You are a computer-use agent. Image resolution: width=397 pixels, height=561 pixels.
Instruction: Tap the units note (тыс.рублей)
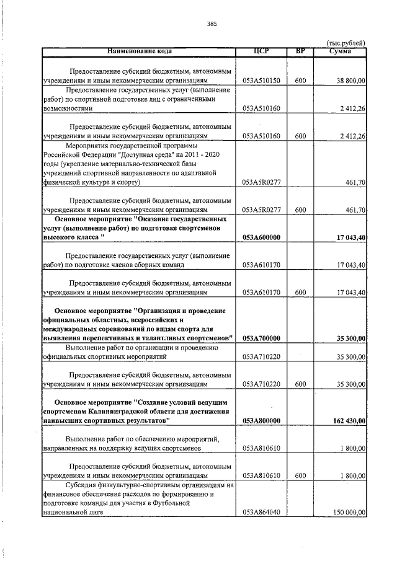pos(346,42)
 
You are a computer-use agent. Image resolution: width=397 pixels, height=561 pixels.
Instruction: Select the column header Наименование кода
pos(138,50)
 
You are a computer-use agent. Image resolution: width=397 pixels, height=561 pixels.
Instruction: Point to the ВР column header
pos(300,50)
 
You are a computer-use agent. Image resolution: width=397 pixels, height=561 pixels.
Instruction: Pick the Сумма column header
pos(341,50)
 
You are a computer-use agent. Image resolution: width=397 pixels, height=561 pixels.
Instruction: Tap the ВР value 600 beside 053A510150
pos(300,81)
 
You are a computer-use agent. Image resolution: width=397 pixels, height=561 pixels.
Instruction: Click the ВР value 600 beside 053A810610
pos(300,475)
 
